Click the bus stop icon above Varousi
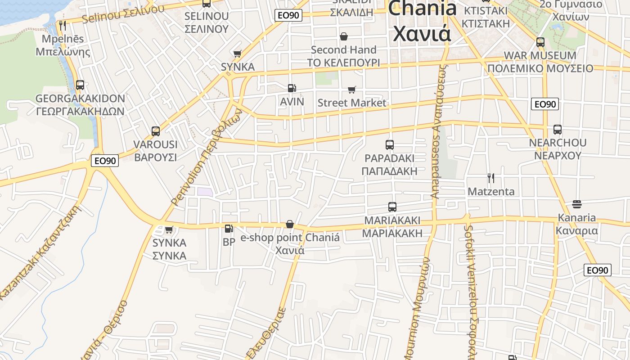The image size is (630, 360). pyautogui.click(x=156, y=131)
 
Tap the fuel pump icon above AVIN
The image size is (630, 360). pyautogui.click(x=292, y=89)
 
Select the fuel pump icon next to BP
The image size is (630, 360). pyautogui.click(x=229, y=229)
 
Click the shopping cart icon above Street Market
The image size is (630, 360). pyautogui.click(x=351, y=90)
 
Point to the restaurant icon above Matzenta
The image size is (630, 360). pyautogui.click(x=491, y=178)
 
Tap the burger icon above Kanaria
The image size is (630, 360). pyautogui.click(x=577, y=204)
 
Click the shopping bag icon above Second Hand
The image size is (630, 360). pyautogui.click(x=344, y=36)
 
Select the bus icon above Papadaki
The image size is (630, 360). pyautogui.click(x=390, y=145)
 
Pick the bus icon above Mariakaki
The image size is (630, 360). pyautogui.click(x=392, y=207)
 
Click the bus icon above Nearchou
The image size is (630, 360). pyautogui.click(x=558, y=130)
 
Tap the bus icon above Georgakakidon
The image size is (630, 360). pyautogui.click(x=80, y=85)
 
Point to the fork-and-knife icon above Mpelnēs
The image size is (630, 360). pyautogui.click(x=63, y=25)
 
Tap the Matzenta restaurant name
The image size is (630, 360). pyautogui.click(x=491, y=191)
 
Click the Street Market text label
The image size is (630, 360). pyautogui.click(x=351, y=103)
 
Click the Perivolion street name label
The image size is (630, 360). pyautogui.click(x=207, y=157)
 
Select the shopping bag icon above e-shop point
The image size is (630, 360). pyautogui.click(x=290, y=224)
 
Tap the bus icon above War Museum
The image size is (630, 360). pyautogui.click(x=540, y=43)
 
